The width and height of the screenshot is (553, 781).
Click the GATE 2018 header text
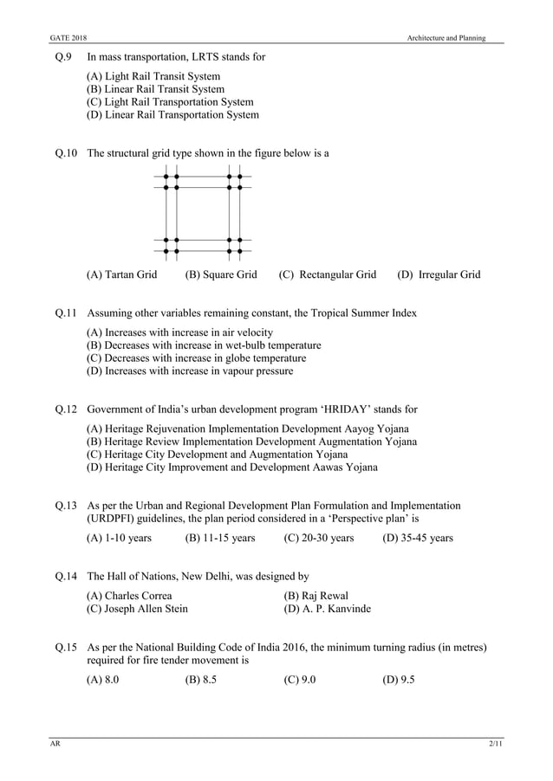(x=68, y=38)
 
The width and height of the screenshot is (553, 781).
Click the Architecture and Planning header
(x=447, y=38)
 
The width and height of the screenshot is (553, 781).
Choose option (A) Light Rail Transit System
(x=153, y=76)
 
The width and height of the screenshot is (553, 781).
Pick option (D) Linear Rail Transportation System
(x=172, y=114)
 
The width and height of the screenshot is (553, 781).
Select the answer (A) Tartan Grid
(x=122, y=274)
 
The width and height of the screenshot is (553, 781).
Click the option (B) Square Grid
(x=221, y=274)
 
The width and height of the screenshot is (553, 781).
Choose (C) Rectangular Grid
(x=328, y=274)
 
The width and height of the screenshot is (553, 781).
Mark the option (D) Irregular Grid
(x=439, y=274)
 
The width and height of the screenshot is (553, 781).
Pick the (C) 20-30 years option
(x=319, y=538)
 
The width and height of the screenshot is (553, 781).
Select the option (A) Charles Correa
(x=130, y=596)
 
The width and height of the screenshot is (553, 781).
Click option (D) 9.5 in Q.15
(x=399, y=679)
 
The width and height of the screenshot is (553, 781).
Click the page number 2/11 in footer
(x=494, y=745)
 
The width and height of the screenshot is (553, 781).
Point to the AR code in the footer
(x=54, y=745)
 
